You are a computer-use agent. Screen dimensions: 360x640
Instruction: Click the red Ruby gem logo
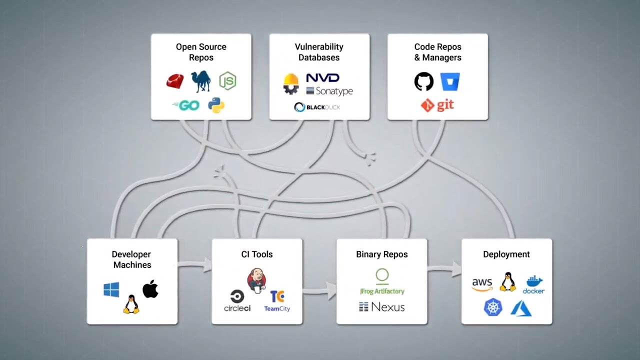coord(175,81)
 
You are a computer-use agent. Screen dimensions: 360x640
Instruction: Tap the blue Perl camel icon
coord(200,81)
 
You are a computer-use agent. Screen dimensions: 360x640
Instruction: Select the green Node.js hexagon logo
coord(227,80)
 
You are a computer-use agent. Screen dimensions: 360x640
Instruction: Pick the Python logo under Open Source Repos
coord(216,105)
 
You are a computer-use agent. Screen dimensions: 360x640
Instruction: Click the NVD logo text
coord(322,78)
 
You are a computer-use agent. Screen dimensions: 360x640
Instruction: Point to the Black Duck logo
coord(317,107)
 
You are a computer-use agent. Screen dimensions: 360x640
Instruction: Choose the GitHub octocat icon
coord(424,81)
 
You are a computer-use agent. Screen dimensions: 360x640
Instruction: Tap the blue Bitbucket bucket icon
coord(450,81)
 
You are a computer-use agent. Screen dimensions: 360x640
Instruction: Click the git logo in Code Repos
coord(437,105)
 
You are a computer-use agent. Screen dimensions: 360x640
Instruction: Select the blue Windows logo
coord(111,289)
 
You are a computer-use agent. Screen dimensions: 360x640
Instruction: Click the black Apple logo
coord(150,289)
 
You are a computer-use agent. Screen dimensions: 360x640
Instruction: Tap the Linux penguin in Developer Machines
coord(131,304)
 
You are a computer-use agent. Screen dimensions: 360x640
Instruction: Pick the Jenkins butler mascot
coord(256,280)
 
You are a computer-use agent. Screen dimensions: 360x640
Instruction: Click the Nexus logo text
coord(382,307)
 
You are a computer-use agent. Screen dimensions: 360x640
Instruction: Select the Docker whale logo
coord(533,284)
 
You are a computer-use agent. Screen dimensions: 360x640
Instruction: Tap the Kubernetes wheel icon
coord(493,307)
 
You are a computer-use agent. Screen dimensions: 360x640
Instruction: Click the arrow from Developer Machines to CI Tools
coord(195,263)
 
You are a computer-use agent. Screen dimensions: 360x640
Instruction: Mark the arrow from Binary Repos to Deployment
coord(444,269)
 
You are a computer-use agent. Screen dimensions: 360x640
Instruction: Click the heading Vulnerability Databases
coord(319,52)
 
